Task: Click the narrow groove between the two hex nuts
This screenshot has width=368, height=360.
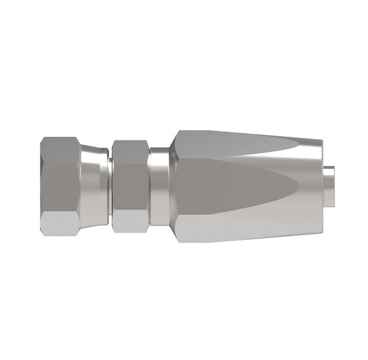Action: coord(110,184)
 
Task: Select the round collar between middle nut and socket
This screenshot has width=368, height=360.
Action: coord(159,184)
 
